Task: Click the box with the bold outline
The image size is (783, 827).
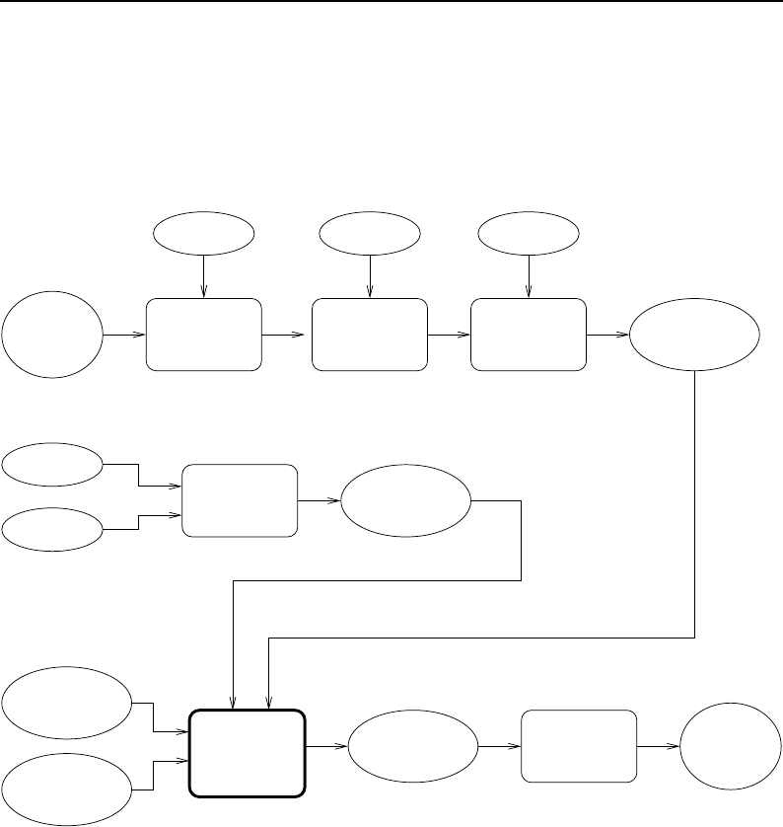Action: coord(247,752)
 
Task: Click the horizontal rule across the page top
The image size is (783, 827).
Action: coord(391,3)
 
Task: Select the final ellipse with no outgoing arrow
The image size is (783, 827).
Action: coord(728,746)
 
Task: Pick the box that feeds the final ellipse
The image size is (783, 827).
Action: coord(579,746)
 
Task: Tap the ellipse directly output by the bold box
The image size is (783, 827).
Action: coord(412,746)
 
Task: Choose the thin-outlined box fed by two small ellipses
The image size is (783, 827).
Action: coord(240,499)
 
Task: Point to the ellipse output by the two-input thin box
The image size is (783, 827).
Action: coord(405,499)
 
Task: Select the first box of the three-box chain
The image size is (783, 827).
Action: coord(203,335)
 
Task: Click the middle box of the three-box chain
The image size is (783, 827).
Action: coord(369,335)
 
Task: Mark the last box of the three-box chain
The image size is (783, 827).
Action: coord(529,335)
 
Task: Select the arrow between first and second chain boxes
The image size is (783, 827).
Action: coord(286,335)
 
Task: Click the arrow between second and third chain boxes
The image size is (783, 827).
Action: coord(450,335)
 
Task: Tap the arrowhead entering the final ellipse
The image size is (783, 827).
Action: coord(676,746)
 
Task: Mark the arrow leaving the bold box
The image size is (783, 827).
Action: coord(326,746)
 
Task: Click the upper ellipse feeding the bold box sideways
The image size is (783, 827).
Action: coord(66,703)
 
